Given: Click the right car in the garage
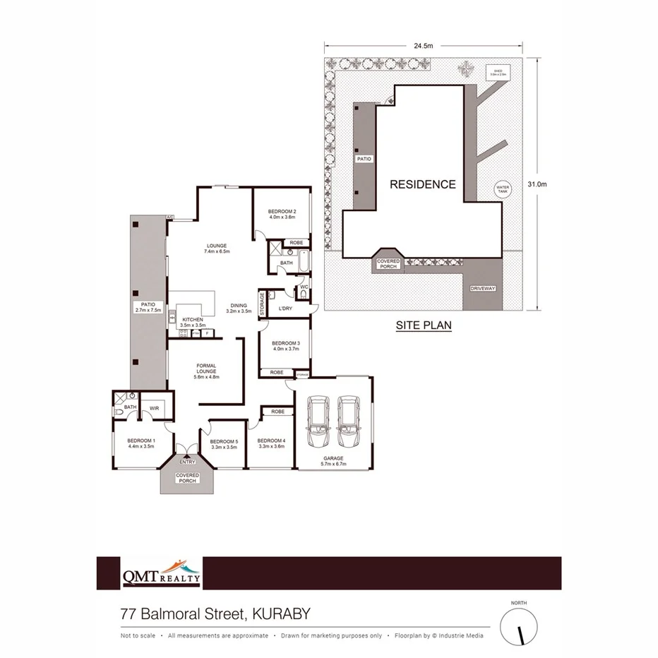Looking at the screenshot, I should tap(349, 421).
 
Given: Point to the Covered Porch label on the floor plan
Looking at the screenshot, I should tap(187, 478).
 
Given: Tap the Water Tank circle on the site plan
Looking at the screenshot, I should tap(502, 189).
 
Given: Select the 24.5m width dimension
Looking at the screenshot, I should tap(423, 45).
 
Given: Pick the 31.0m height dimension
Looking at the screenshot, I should tap(537, 184).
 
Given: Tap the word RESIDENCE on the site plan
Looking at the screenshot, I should tap(423, 184).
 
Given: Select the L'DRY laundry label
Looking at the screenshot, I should tap(285, 309).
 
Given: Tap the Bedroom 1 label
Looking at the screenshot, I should tap(140, 443).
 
